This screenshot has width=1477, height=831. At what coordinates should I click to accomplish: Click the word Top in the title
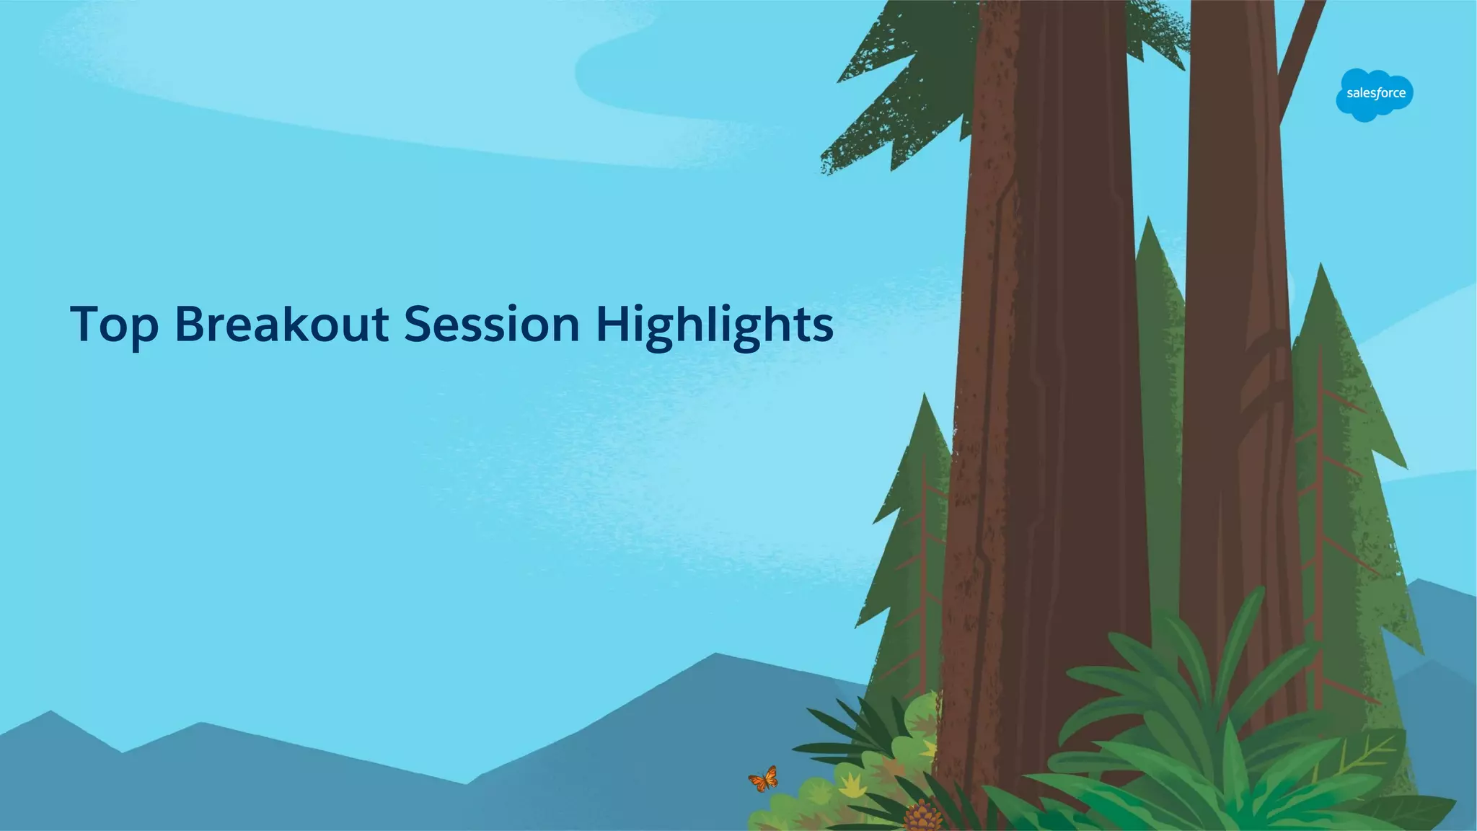(114, 325)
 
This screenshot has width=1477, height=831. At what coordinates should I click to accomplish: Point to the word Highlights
(714, 325)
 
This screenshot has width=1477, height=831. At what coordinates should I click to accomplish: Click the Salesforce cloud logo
(1375, 94)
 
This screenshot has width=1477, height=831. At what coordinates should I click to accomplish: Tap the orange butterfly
(763, 779)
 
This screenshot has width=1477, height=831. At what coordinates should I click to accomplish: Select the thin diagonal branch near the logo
(1302, 50)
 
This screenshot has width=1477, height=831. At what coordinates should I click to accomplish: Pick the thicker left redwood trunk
(1046, 361)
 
